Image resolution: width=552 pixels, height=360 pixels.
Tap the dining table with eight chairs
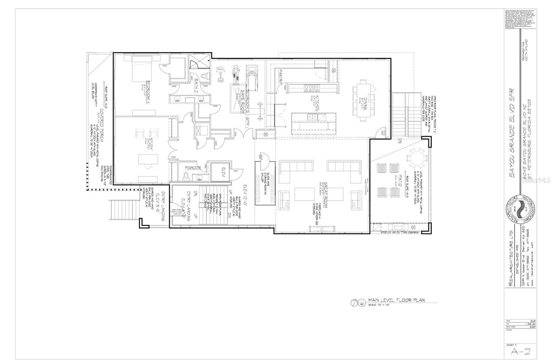(362, 100)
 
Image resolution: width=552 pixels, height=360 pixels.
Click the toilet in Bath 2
(205, 76)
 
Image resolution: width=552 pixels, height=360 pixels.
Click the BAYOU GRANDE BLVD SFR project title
(512, 133)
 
